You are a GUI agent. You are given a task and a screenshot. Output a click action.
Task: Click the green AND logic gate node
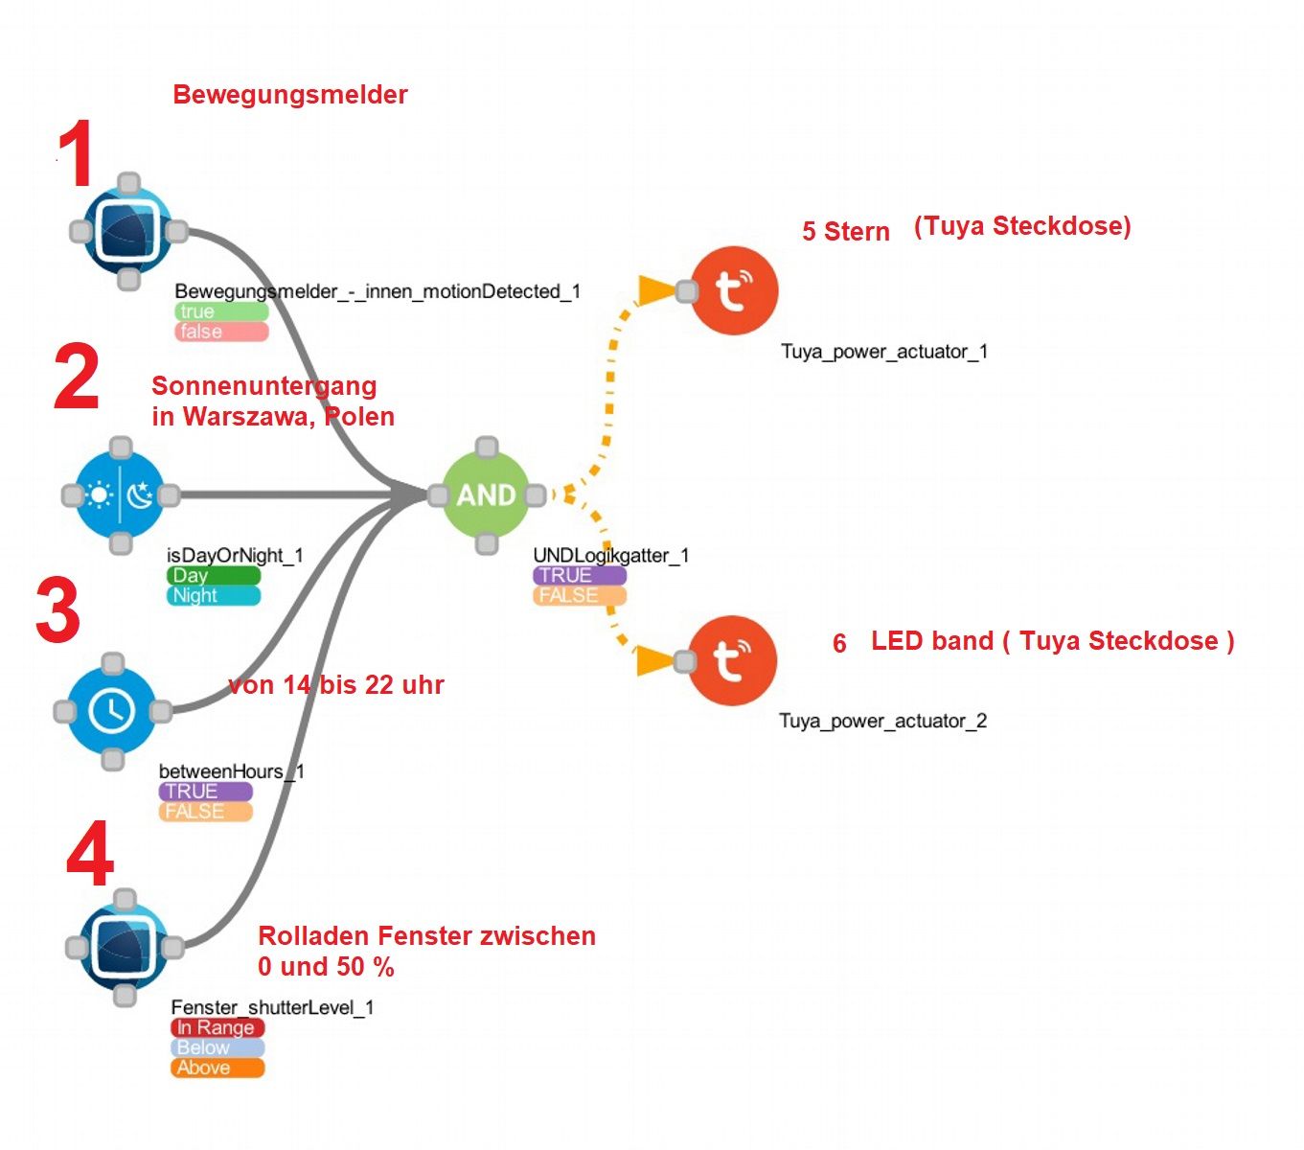486,494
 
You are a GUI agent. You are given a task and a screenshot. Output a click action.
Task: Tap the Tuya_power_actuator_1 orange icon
734,290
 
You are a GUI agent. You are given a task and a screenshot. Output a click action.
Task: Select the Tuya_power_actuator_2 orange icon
732,660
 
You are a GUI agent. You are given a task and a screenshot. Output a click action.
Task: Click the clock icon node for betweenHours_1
112,711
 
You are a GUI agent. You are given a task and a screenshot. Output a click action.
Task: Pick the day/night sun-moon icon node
120,495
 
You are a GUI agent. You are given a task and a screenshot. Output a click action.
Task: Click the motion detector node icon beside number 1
127,231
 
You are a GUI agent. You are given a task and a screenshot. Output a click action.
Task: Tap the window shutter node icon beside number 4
125,947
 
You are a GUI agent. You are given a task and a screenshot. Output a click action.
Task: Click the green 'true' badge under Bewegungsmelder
221,311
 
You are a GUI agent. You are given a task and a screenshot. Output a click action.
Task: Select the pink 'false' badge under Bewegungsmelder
221,332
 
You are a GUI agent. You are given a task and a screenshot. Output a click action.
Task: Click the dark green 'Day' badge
213,575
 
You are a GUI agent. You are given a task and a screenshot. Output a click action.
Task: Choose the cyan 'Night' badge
213,595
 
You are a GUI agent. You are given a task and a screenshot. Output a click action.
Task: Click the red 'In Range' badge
217,1027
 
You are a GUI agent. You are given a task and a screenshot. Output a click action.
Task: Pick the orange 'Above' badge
217,1068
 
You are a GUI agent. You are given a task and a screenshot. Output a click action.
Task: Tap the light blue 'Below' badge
217,1047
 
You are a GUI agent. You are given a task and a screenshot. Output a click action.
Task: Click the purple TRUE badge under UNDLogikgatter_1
580,575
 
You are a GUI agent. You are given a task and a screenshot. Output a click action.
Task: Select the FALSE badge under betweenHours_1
205,812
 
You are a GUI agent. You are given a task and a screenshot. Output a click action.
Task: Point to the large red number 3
57,610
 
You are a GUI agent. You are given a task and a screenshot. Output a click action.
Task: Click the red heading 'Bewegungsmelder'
290,95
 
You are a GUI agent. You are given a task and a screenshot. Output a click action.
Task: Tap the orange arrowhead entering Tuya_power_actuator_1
656,289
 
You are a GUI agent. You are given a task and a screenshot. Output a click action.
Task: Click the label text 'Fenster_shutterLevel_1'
272,1007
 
